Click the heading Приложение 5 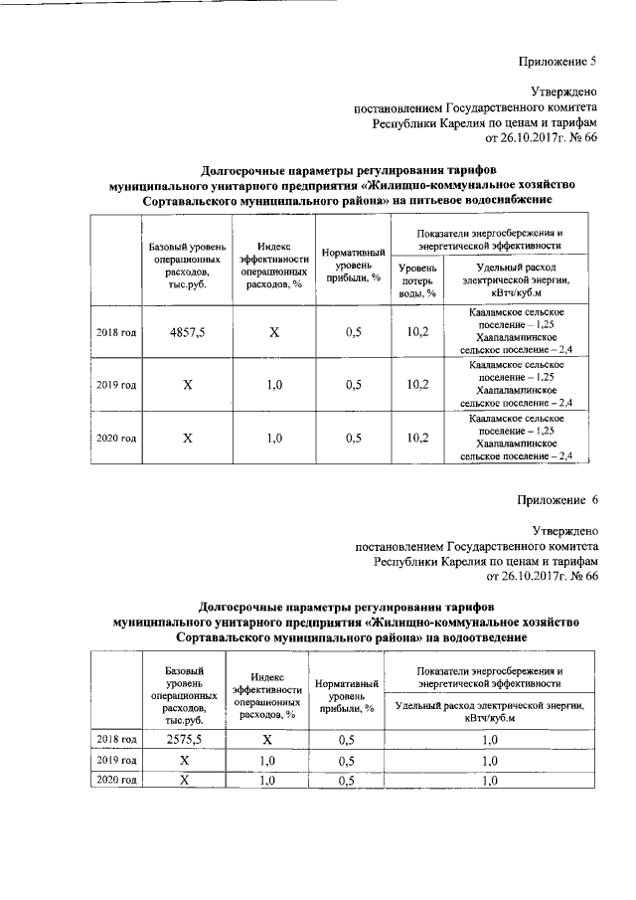pyautogui.click(x=557, y=62)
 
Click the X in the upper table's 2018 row pyautogui.click(x=273, y=331)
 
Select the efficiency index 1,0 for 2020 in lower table pyautogui.click(x=266, y=781)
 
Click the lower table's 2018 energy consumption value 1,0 pyautogui.click(x=489, y=739)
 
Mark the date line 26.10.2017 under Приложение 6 pyautogui.click(x=542, y=576)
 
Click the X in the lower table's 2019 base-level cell pyautogui.click(x=184, y=760)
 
